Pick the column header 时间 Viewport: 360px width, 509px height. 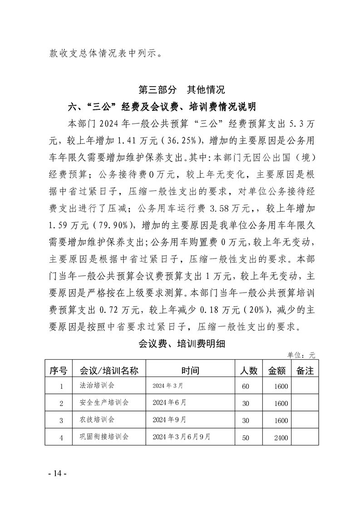[190, 371]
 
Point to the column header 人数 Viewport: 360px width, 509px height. [248, 371]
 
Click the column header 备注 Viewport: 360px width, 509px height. [305, 371]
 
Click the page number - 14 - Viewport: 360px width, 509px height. [58, 474]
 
